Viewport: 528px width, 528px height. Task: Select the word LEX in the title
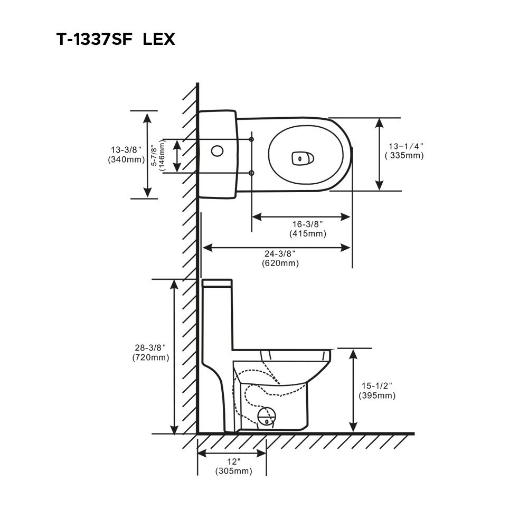(158, 40)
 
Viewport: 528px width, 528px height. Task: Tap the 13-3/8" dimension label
(126, 150)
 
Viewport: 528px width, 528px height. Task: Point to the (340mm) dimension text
(126, 159)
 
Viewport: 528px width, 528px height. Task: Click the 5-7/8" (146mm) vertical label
(157, 156)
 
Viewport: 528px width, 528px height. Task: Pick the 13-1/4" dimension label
(406, 146)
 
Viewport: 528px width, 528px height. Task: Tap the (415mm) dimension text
(307, 233)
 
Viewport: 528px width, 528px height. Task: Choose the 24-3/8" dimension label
(280, 254)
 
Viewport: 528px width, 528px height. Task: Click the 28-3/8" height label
(150, 347)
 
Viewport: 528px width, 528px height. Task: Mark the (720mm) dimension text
(150, 357)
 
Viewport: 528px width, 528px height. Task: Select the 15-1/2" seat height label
(376, 385)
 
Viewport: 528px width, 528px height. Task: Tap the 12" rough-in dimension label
(233, 461)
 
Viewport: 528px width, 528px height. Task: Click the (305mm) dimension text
(233, 471)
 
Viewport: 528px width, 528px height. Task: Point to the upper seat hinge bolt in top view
(251, 139)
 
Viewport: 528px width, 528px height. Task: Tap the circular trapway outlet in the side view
(267, 417)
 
